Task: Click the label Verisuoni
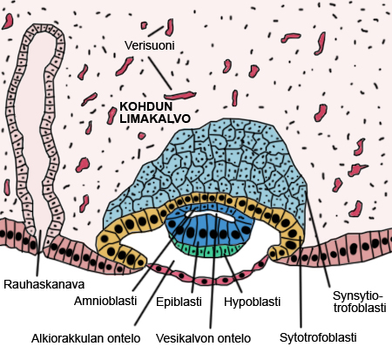pos(150,45)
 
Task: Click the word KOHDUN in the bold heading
pos(146,106)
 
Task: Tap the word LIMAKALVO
pos(155,119)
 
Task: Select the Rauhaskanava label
pos(44,284)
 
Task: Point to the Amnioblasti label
pos(105,301)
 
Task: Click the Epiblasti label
pos(179,302)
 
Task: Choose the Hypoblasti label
pos(252,302)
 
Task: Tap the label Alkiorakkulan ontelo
pos(86,338)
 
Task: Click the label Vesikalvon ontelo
pos(203,338)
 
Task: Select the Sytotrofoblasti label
pos(318,337)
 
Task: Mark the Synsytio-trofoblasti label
pos(360,302)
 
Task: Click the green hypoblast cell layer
pos(210,250)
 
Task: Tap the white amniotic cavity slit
pos(210,215)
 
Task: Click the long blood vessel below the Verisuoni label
pos(180,95)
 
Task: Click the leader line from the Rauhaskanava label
pos(39,253)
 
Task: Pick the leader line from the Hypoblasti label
pos(233,273)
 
